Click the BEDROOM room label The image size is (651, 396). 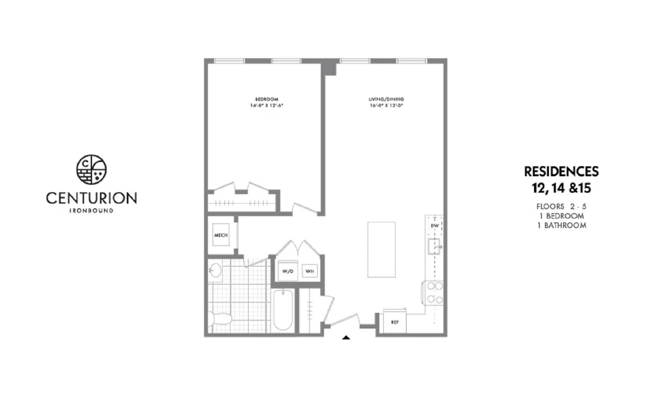pos(267,99)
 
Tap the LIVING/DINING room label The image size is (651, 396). pos(386,99)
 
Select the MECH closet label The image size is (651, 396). pos(221,235)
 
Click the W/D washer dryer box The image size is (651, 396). pos(288,271)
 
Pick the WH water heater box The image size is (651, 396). pos(310,271)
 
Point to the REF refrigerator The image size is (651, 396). pos(395,322)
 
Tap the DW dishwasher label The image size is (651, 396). pos(435,226)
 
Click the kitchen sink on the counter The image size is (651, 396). pos(434,246)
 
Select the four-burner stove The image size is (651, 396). pos(435,293)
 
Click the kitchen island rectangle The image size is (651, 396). pos(381,250)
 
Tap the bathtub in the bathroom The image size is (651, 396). pos(282,310)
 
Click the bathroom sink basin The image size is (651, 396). pos(215,270)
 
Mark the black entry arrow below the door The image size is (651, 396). pos(346,337)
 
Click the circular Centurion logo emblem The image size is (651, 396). pos(92,170)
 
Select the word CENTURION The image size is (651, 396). pos(92,198)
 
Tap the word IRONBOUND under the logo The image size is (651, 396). pos(92,211)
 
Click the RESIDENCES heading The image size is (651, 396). pos(561,172)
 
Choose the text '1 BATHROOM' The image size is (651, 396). pos(561,225)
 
